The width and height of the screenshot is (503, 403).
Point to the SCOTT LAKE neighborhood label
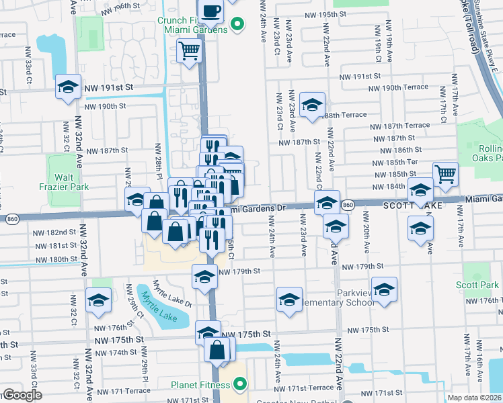[x=412, y=204]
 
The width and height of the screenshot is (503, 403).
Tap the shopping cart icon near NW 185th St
[x=445, y=175]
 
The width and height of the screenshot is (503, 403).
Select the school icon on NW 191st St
[x=68, y=87]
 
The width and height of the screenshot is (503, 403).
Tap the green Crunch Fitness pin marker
[x=236, y=26]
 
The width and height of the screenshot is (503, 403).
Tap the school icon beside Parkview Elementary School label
[x=385, y=289]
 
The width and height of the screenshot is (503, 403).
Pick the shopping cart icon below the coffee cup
[x=190, y=50]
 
